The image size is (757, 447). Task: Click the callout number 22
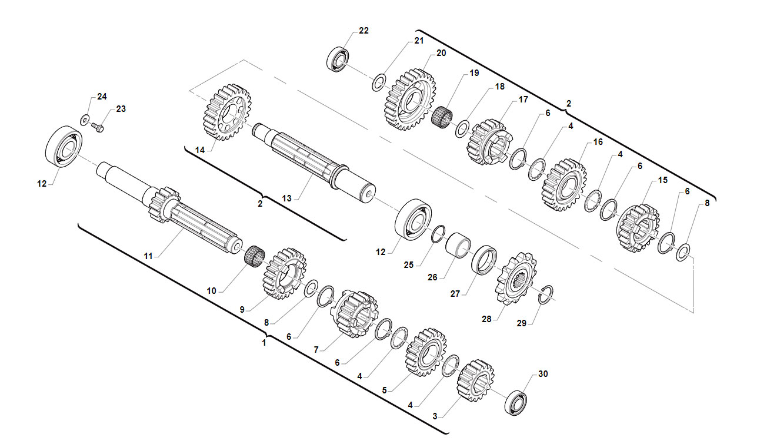[364, 31]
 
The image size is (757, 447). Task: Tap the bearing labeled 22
[338, 59]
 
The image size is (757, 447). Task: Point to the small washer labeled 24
[85, 120]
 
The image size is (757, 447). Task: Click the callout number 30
[543, 374]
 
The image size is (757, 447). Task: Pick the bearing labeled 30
[516, 403]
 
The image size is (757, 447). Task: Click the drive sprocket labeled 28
[516, 279]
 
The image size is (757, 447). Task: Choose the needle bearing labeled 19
[442, 116]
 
